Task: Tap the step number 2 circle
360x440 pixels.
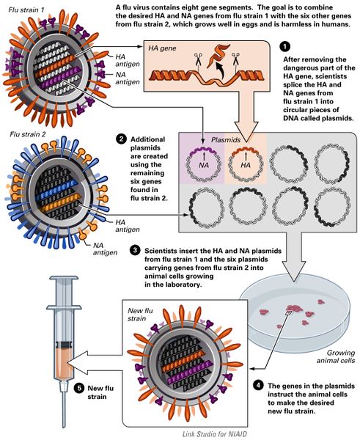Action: [120, 139]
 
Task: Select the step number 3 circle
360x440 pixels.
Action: [135, 249]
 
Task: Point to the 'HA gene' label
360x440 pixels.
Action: [163, 48]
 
